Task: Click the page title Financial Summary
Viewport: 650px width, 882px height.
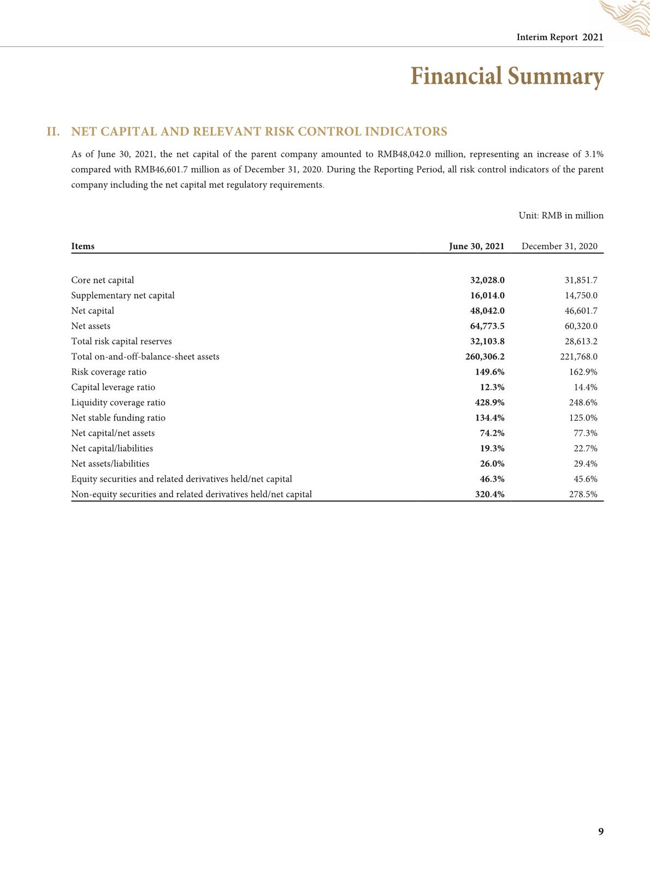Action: click(x=506, y=76)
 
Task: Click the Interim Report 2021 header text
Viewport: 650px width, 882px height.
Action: click(x=560, y=37)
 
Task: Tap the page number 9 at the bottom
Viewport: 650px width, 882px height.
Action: click(x=601, y=831)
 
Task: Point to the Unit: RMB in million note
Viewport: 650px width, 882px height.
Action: click(x=561, y=215)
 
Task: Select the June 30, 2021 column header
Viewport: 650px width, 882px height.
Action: click(x=476, y=246)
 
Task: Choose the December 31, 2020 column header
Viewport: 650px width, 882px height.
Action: click(x=559, y=246)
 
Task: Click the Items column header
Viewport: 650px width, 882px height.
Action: click(x=82, y=246)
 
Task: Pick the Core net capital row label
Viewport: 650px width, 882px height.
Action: click(x=102, y=280)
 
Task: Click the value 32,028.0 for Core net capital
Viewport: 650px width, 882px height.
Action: click(x=487, y=280)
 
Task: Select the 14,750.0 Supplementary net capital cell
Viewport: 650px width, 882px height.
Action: click(x=581, y=295)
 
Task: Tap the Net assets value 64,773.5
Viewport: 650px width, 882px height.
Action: click(x=487, y=326)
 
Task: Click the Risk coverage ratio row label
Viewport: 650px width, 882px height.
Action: click(x=109, y=372)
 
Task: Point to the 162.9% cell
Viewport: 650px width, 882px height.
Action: click(x=583, y=372)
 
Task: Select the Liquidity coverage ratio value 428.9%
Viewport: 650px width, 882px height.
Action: click(x=489, y=402)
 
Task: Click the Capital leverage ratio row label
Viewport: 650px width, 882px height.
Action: click(x=113, y=387)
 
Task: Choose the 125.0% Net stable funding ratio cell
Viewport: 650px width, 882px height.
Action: click(x=583, y=418)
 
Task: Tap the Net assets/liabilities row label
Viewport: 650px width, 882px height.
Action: click(x=110, y=464)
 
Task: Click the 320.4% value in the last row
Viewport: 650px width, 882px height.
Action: click(x=489, y=494)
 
